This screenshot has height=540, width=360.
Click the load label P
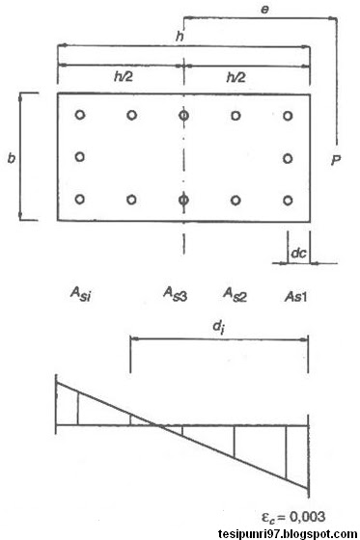click(x=335, y=159)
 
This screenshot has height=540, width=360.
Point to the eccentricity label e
click(x=263, y=6)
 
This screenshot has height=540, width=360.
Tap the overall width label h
click(x=179, y=35)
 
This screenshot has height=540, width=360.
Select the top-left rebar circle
click(x=80, y=115)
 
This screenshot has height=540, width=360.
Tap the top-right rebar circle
click(x=288, y=115)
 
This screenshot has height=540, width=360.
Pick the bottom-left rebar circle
click(x=80, y=201)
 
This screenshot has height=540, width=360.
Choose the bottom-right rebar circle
click(x=288, y=201)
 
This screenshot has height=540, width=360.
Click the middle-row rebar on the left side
click(x=80, y=156)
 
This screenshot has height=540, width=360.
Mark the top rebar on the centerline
click(x=183, y=115)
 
